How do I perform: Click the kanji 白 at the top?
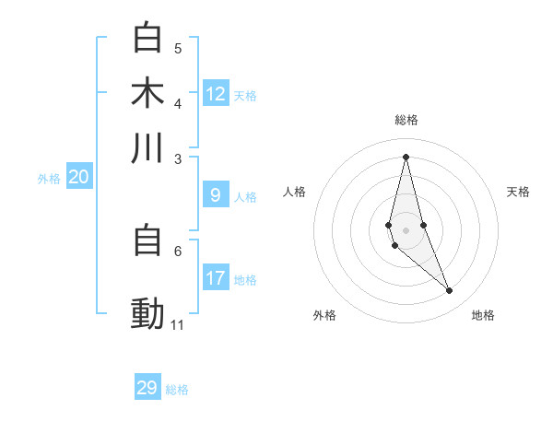(x=147, y=39)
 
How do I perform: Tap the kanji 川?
(x=147, y=147)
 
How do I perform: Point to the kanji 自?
(x=147, y=241)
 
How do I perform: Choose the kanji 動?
(x=147, y=314)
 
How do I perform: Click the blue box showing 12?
(x=216, y=93)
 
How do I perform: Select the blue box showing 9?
(x=216, y=195)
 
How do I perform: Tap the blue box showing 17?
(x=216, y=278)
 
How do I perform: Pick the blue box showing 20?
(x=78, y=178)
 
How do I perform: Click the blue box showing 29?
(x=147, y=388)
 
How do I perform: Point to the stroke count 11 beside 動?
(x=178, y=325)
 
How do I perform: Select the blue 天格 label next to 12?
(x=245, y=95)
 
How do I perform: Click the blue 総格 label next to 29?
(x=177, y=390)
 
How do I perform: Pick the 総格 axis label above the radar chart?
(x=406, y=121)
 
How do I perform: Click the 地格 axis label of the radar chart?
(x=483, y=316)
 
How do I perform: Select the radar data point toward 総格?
(x=406, y=157)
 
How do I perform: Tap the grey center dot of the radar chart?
(x=406, y=229)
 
